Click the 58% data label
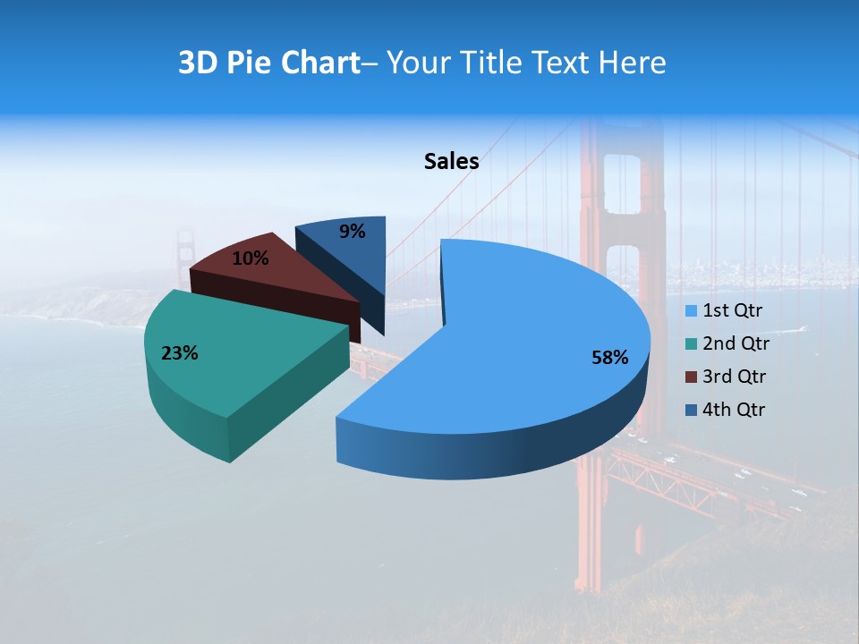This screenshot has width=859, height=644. point(609,358)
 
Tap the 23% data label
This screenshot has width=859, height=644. point(179,353)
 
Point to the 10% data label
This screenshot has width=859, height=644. point(250,258)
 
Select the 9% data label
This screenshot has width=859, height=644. point(353,232)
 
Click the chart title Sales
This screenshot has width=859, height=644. point(451,161)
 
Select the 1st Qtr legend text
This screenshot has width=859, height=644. point(732,310)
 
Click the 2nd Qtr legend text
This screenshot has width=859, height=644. point(736,343)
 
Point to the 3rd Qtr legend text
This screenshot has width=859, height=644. point(735,377)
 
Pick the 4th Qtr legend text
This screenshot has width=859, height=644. point(734,410)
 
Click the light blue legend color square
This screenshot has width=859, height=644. point(691,311)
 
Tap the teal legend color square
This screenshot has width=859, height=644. point(691,344)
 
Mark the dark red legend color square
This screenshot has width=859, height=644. point(691,377)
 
